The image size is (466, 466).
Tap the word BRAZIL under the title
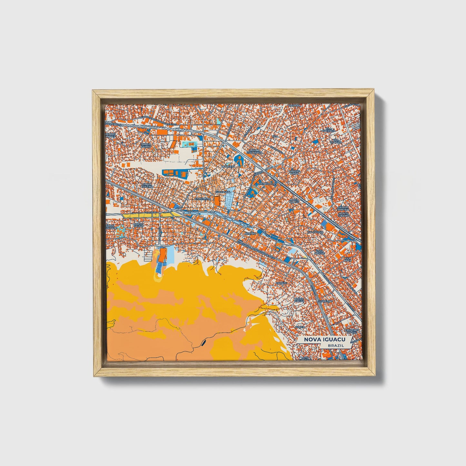[335, 345]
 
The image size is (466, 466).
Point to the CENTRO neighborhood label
[250, 233]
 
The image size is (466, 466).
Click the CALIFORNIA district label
[315, 232]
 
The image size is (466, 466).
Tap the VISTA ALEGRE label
[320, 252]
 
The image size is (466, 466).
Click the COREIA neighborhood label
[300, 327]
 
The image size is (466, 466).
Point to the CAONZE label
[281, 283]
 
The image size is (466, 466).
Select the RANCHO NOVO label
[294, 172]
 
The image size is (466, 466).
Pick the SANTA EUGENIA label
[147, 185]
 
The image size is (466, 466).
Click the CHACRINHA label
[202, 199]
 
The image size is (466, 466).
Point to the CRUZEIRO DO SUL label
[352, 332]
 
